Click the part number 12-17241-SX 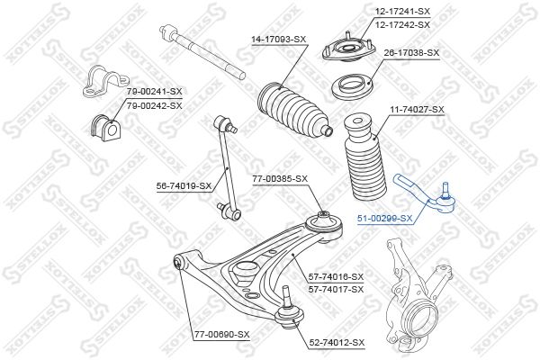[x=402, y=12]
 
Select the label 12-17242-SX [x=402, y=25]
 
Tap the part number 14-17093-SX [x=279, y=40]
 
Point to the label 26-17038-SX [x=412, y=53]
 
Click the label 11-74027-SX [x=417, y=110]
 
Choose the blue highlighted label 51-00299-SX [x=384, y=218]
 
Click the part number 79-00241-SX [x=154, y=92]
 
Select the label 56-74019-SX [x=184, y=186]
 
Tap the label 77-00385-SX [x=280, y=179]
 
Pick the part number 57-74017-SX [x=336, y=290]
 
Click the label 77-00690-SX [x=221, y=335]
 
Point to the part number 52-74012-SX [x=337, y=343]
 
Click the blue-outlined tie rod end [x=425, y=195]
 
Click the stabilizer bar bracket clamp [x=105, y=81]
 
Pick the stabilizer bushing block [x=106, y=127]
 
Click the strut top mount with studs [x=348, y=48]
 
